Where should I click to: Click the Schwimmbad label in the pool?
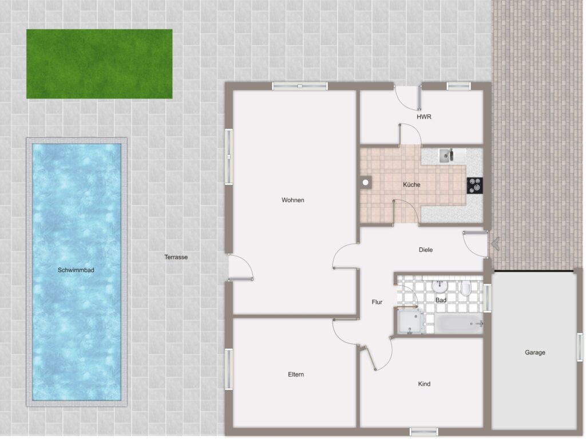(76, 270)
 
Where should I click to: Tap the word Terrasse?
(176, 257)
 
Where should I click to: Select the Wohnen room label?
(293, 200)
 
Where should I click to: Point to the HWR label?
(424, 117)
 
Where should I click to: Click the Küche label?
(411, 184)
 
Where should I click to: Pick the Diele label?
(426, 250)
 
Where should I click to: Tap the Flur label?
(377, 302)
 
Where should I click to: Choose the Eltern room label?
(296, 374)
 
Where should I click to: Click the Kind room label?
(424, 383)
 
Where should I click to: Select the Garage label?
(535, 352)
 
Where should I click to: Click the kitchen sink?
(446, 156)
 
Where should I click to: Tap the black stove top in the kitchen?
(474, 185)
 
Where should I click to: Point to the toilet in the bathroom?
(466, 288)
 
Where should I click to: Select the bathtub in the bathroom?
(458, 324)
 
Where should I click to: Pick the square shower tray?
(410, 322)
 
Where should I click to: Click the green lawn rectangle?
(100, 64)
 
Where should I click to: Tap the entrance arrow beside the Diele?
(495, 244)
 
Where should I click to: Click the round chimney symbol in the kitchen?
(366, 183)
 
